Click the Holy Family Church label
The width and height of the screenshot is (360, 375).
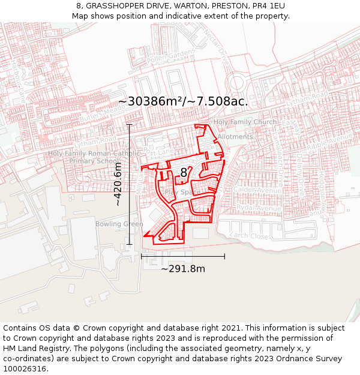click(x=245, y=122)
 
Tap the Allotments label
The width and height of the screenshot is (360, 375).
click(x=235, y=137)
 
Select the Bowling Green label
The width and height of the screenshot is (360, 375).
click(x=119, y=224)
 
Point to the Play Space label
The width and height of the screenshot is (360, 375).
click(x=182, y=192)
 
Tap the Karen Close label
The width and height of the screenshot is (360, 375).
click(x=250, y=236)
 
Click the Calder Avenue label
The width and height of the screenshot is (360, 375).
click(x=253, y=190)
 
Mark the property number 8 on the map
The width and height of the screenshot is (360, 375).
click(x=184, y=173)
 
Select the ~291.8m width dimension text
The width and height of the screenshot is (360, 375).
click(x=183, y=269)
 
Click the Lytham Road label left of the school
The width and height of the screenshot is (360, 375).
click(x=100, y=140)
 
